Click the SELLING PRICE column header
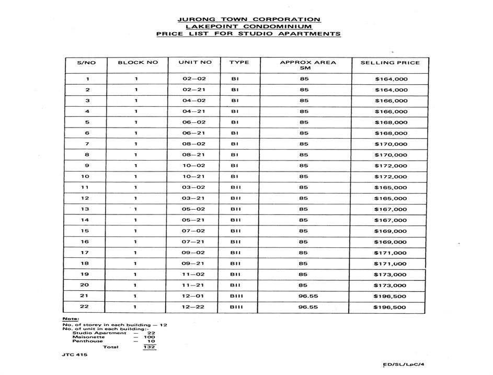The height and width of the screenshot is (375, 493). click(390, 63)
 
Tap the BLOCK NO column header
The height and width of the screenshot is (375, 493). click(137, 62)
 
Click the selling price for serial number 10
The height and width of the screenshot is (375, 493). click(391, 177)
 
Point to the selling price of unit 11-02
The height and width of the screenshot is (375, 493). click(391, 275)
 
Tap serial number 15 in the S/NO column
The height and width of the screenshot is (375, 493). click(86, 231)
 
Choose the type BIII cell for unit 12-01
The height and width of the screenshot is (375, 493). click(236, 296)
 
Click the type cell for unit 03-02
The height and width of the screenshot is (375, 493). click(236, 187)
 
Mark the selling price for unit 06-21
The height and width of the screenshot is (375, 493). click(391, 133)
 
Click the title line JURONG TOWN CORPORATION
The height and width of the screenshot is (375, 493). click(249, 19)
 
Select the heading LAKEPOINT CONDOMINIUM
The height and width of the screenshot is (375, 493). click(249, 27)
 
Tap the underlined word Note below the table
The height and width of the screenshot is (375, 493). click(70, 319)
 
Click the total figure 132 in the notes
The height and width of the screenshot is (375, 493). click(150, 347)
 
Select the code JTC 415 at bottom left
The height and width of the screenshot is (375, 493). click(75, 355)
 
